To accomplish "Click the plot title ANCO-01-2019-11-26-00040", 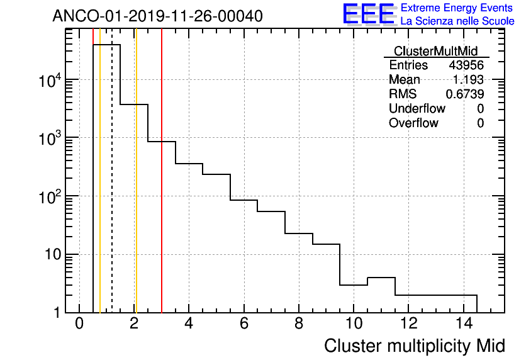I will [x=157, y=16].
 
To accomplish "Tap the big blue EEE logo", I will [x=369, y=14].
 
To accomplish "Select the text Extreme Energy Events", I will [x=457, y=8].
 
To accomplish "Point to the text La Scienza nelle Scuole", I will [x=457, y=21].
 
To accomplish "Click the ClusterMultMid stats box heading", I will [x=435, y=51].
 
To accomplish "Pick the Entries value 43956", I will [x=466, y=65].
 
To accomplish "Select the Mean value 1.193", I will [x=468, y=80].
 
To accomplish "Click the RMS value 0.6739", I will [x=464, y=94].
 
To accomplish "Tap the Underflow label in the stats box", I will [x=417, y=108].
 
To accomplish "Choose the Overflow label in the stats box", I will [x=413, y=123].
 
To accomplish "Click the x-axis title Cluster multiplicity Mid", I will [x=414, y=346].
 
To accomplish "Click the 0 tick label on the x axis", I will [x=79, y=325].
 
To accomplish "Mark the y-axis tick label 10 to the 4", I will [x=50, y=80].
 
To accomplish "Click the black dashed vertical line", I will [x=112, y=189].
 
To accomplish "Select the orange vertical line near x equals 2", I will [x=135, y=189].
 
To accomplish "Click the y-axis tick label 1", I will [x=57, y=313].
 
